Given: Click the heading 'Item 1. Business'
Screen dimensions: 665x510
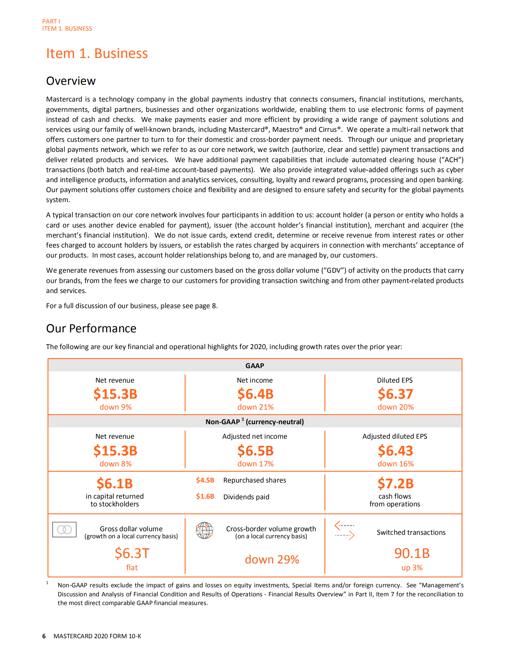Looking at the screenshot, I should click(x=97, y=54).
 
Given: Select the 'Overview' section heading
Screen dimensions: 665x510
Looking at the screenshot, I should click(x=71, y=81).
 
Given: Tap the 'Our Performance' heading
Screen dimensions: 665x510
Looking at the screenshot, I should click(x=91, y=328).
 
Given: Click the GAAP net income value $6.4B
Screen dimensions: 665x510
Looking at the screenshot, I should click(x=255, y=394).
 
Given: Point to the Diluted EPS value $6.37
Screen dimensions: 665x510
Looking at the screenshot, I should click(x=395, y=394).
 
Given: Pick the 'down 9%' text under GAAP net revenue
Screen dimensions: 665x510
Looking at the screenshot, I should click(x=115, y=407).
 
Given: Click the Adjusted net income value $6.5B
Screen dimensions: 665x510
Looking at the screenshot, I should click(x=255, y=451).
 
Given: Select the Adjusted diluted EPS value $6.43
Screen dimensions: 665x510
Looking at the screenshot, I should click(x=395, y=451).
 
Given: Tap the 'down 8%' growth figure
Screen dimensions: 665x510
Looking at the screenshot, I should click(x=115, y=464).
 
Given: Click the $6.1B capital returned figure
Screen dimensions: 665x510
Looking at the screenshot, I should click(x=115, y=484).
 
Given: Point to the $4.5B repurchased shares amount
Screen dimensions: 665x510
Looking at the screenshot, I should click(x=205, y=480).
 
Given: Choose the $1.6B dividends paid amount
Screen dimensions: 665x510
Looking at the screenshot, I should click(x=205, y=496).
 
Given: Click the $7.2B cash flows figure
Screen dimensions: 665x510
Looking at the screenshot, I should click(x=395, y=484).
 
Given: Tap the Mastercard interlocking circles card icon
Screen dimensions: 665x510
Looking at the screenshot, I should click(x=64, y=530).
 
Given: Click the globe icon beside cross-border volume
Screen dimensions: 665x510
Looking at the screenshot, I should click(x=205, y=530).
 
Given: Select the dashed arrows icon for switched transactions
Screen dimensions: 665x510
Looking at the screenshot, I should click(x=344, y=530).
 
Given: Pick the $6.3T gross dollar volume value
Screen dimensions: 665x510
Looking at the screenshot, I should click(x=132, y=553).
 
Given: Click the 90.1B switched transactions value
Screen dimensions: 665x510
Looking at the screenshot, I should click(x=412, y=553).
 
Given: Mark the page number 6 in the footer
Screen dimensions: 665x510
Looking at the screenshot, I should click(x=44, y=636).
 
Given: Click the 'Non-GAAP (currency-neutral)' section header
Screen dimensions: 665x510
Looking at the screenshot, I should click(x=255, y=422).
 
